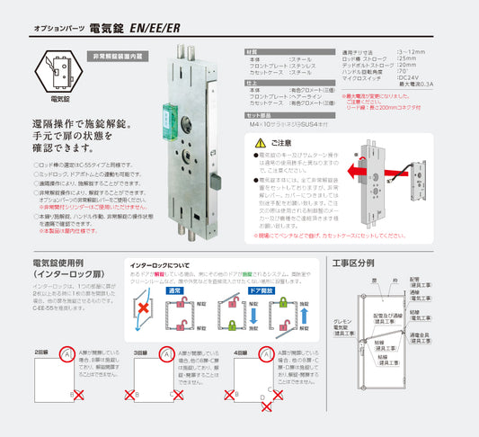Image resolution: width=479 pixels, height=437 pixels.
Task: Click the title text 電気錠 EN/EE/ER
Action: click(136, 29)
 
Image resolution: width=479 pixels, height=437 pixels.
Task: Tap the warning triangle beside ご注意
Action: click(261, 143)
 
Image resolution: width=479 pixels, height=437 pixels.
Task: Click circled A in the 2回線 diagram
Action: click(68, 357)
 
